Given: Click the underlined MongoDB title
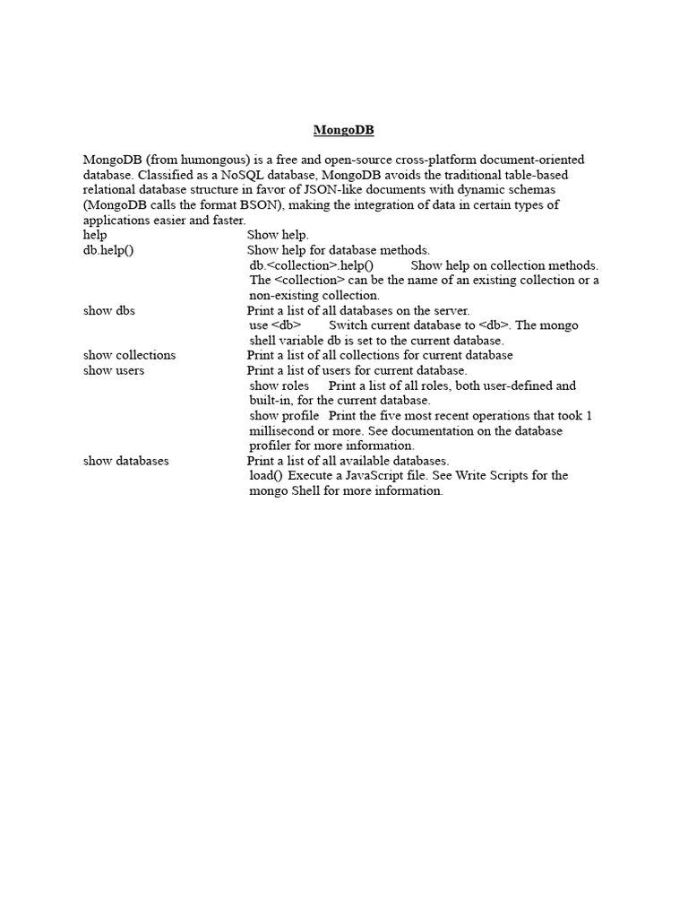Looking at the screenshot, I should pyautogui.click(x=343, y=130).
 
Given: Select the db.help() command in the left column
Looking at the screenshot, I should pyautogui.click(x=108, y=250).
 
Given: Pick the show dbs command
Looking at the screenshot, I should pyautogui.click(x=109, y=310).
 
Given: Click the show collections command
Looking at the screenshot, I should pyautogui.click(x=130, y=355).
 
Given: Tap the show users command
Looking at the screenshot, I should pyautogui.click(x=114, y=370).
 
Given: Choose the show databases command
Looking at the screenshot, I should pyautogui.click(x=126, y=461).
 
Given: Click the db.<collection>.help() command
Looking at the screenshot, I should pyautogui.click(x=311, y=265).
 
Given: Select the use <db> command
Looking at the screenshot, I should pyautogui.click(x=275, y=325).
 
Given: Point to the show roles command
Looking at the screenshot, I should pyautogui.click(x=279, y=385).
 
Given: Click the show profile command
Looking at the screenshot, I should pyautogui.click(x=284, y=416).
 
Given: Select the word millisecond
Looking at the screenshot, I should pyautogui.click(x=285, y=431).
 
